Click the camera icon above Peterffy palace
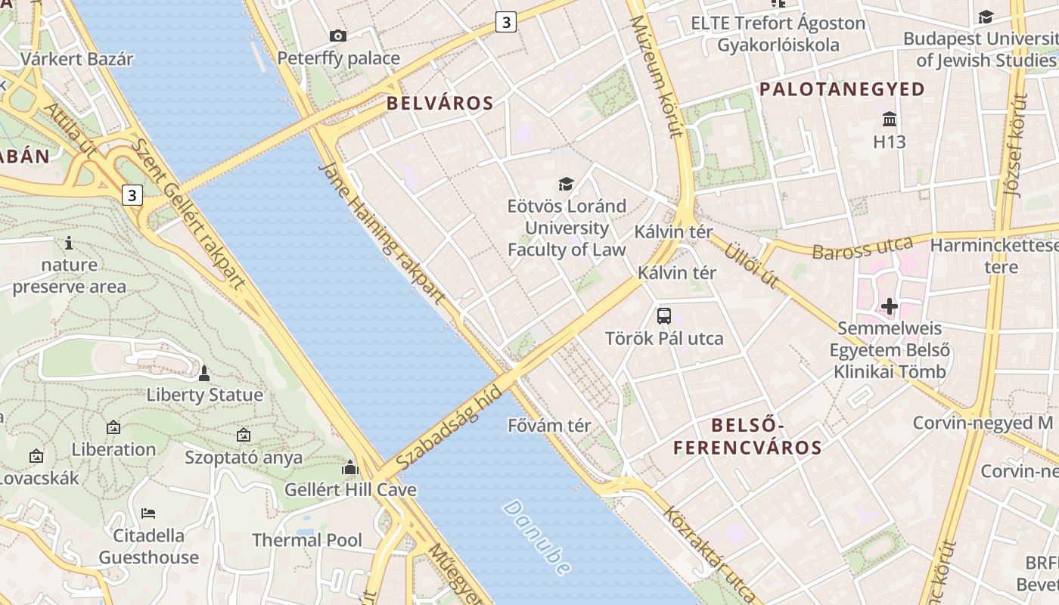click(338, 36)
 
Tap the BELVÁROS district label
click(439, 104)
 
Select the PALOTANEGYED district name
click(842, 89)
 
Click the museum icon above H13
click(890, 119)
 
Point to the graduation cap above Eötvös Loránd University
click(566, 184)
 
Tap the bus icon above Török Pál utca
click(664, 316)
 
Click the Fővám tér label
click(550, 425)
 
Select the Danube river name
click(536, 537)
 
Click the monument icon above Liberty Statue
click(204, 373)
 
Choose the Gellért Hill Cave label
click(350, 489)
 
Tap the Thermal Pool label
click(307, 540)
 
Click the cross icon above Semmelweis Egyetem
click(890, 306)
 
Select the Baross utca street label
click(862, 247)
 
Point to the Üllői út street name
click(751, 265)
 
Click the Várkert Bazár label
click(77, 59)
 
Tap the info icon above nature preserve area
click(69, 243)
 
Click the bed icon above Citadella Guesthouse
click(148, 513)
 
